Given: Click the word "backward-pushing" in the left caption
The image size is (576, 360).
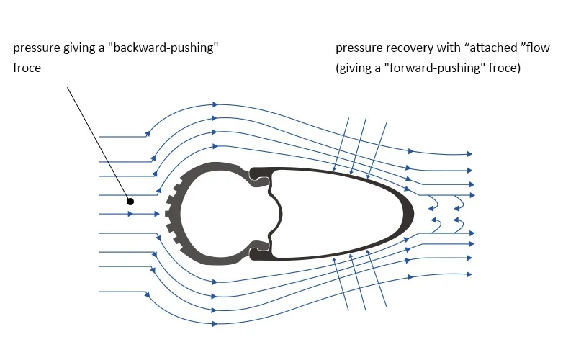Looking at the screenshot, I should (x=174, y=48).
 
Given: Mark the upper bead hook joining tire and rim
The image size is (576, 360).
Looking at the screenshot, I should (x=258, y=176).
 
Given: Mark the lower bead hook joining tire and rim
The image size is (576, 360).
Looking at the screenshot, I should (x=258, y=252).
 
